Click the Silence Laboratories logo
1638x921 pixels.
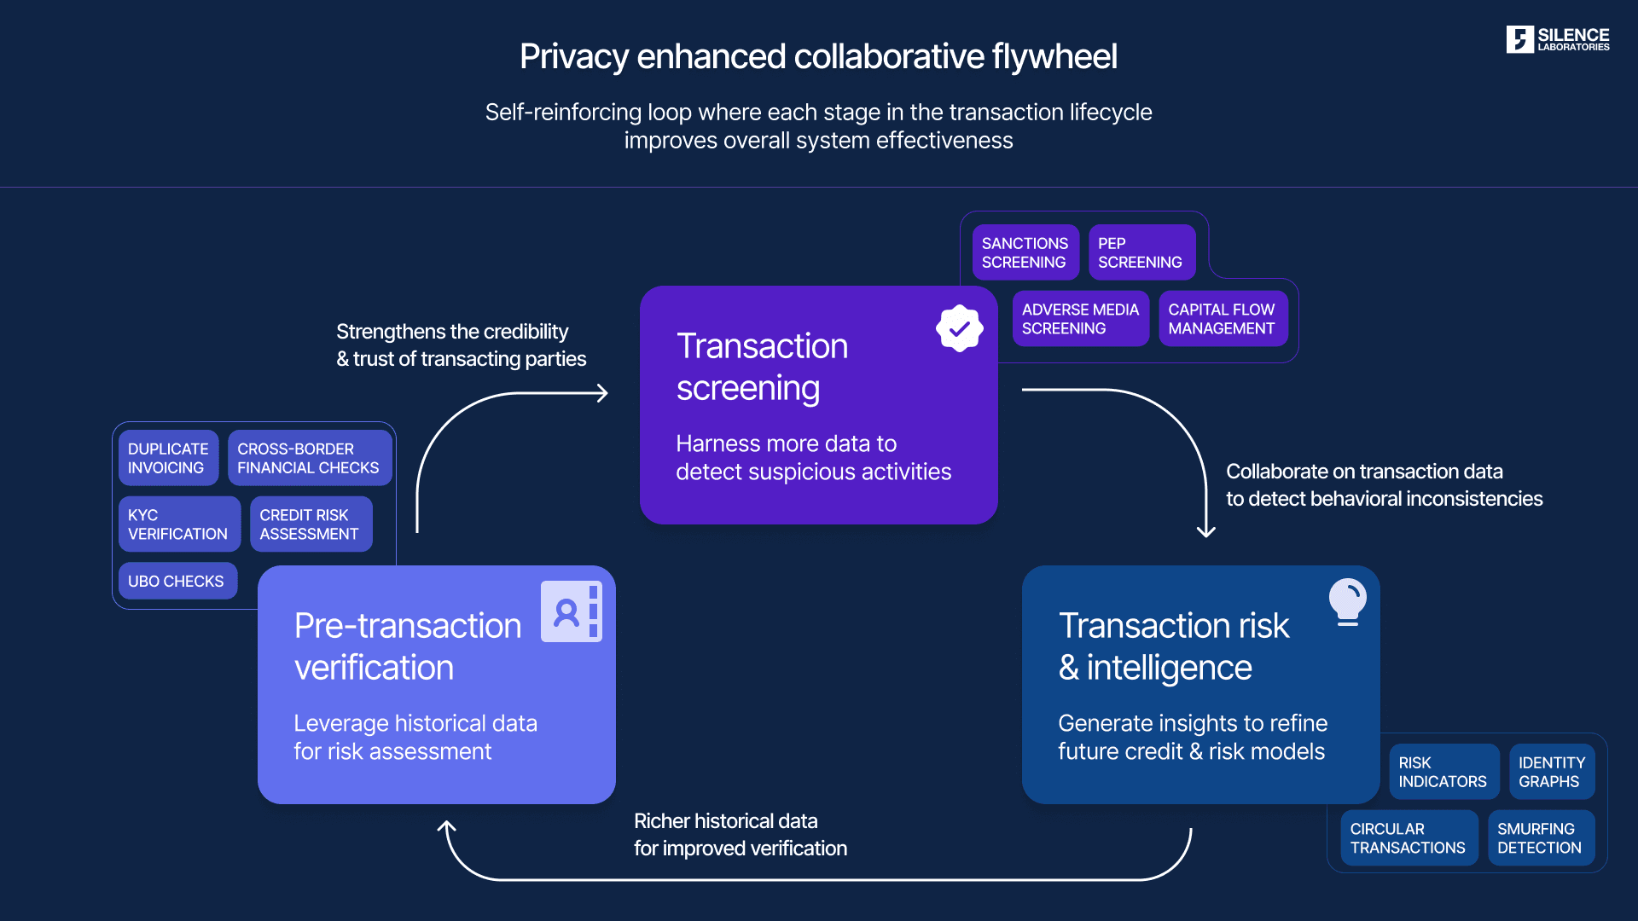point(1557,39)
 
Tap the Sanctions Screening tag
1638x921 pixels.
point(1025,252)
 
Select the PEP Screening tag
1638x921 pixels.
point(1141,252)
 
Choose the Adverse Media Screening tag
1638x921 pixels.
point(1080,319)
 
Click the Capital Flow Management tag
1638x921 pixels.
point(1222,319)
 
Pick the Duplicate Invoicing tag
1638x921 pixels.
point(168,458)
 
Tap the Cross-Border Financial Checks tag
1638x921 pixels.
point(308,458)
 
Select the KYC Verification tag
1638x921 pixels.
point(178,524)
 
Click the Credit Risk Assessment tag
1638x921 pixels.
point(310,524)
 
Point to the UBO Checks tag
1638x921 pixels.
point(177,581)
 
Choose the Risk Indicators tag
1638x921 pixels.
point(1443,772)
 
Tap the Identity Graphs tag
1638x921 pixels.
point(1551,772)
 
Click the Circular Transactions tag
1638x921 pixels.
point(1408,838)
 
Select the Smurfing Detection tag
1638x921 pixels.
point(1540,838)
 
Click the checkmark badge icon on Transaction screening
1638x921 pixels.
point(960,328)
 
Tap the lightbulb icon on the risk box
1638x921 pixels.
point(1348,601)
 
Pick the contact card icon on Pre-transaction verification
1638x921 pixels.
point(571,611)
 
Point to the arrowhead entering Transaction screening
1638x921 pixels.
point(602,393)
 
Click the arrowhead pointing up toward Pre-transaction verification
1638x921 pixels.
point(446,826)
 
